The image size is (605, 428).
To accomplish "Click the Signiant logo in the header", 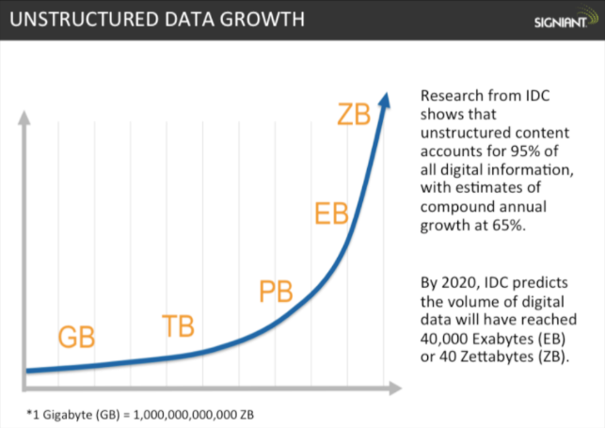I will tap(561, 21).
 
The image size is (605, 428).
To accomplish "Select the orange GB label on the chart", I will tap(77, 336).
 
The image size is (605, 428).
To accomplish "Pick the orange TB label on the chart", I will tap(179, 326).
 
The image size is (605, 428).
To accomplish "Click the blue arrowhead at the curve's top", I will tap(385, 96).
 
